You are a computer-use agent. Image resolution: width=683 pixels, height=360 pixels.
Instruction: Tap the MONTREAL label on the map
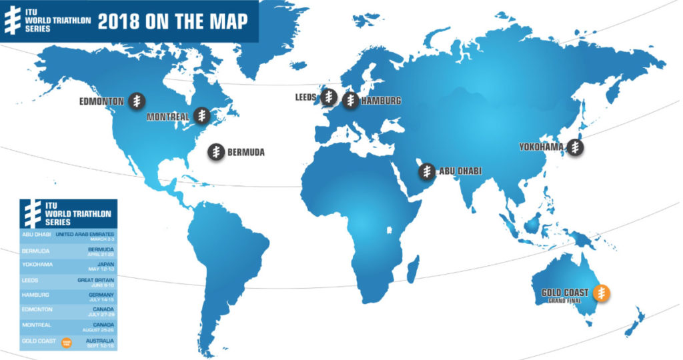167,117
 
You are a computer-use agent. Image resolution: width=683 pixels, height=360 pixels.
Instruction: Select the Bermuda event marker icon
216,152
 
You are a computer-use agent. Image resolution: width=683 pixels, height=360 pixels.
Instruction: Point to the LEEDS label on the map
305,97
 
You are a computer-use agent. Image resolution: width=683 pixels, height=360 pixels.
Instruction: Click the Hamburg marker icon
350,100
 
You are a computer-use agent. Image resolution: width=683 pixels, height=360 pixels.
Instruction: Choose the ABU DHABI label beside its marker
460,171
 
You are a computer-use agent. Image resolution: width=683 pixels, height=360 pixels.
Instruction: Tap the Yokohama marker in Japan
576,148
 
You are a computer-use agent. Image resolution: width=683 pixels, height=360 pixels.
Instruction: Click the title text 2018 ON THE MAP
172,21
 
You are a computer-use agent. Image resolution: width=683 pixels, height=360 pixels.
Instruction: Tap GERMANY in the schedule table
101,293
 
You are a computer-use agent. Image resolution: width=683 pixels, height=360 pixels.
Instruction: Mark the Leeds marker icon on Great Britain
327,97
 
